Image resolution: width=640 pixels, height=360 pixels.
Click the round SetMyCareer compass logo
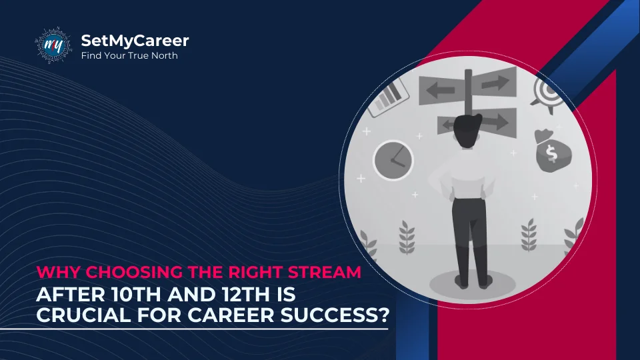tap(53, 45)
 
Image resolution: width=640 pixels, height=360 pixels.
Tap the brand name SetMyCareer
tap(135, 41)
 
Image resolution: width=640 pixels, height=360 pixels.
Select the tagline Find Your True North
tap(129, 55)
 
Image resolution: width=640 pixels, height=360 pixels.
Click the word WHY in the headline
tap(59, 272)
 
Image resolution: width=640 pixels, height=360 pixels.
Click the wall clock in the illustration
tap(393, 161)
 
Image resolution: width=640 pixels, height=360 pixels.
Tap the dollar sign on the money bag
tap(551, 153)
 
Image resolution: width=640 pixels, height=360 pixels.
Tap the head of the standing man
tap(467, 130)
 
